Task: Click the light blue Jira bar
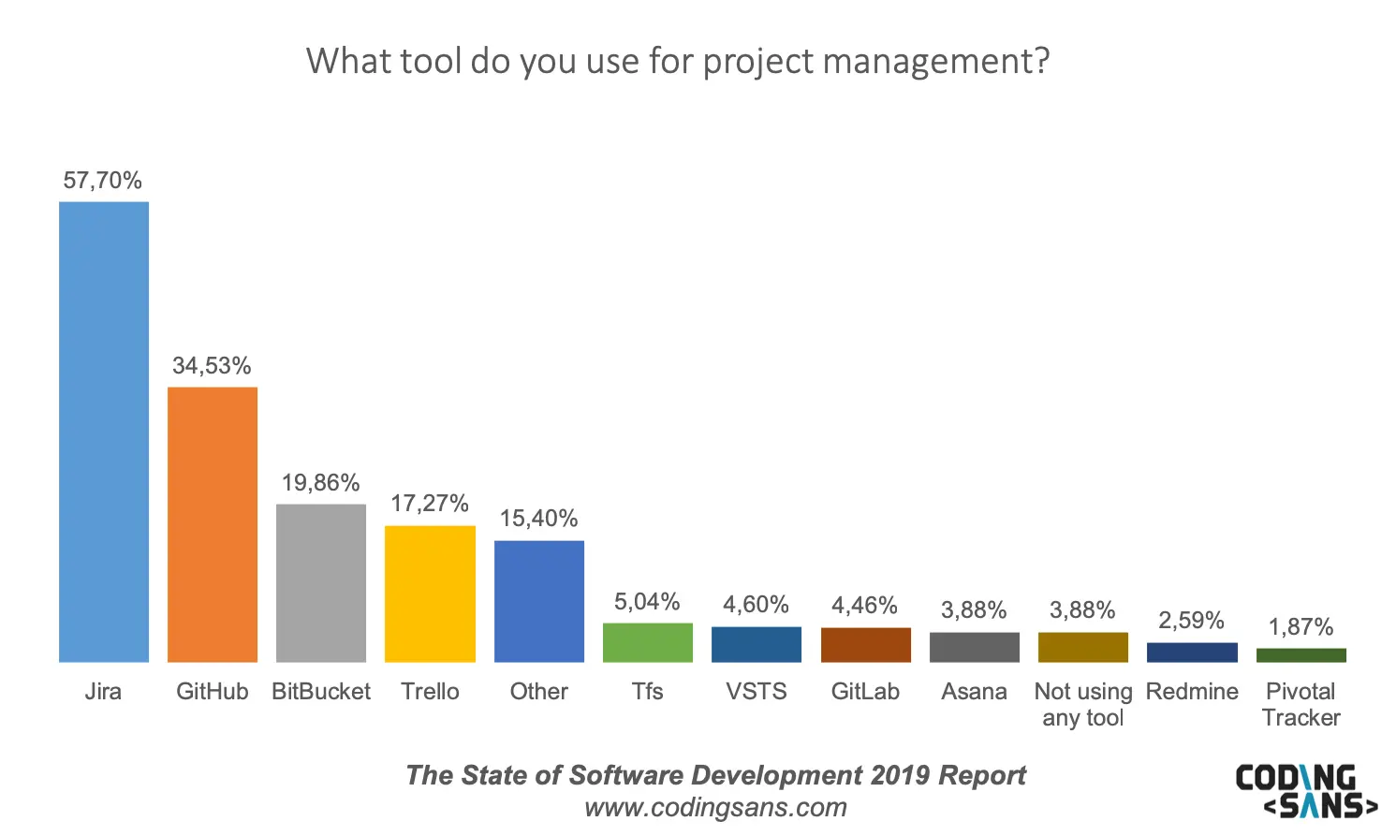(x=104, y=432)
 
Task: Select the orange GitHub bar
(x=213, y=524)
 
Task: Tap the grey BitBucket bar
(x=321, y=583)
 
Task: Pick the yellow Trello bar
(x=430, y=594)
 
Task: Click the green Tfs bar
(x=648, y=642)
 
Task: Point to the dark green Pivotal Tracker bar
(x=1301, y=655)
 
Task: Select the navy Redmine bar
(x=1192, y=653)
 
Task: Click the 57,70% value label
(x=103, y=181)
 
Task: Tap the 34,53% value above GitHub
(x=212, y=366)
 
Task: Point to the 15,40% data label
(x=539, y=519)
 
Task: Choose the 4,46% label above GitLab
(x=865, y=605)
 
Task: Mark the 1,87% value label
(x=1301, y=626)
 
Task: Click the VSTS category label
(x=757, y=692)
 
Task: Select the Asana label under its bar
(x=974, y=692)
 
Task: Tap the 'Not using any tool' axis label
(x=1083, y=705)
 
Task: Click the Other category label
(x=539, y=692)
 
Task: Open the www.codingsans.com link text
(x=715, y=807)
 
